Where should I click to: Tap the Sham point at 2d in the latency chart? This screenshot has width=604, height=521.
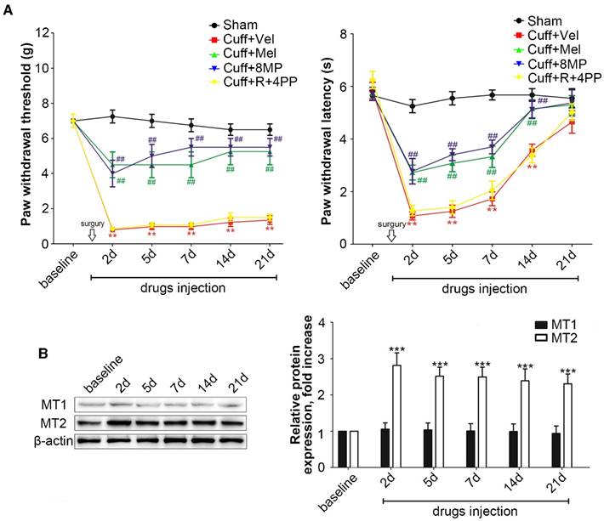click(x=413, y=106)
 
